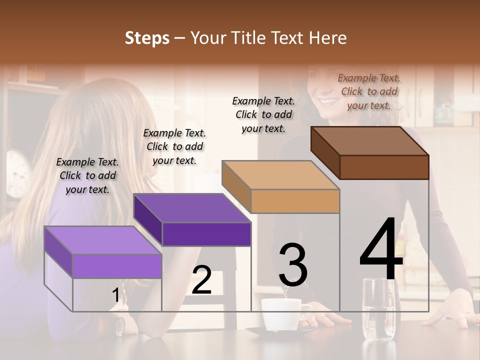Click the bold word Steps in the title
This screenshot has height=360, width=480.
147,38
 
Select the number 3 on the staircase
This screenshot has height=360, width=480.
293,265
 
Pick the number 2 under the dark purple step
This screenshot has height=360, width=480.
201,280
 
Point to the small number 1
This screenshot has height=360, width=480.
115,295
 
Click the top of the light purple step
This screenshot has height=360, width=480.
103,240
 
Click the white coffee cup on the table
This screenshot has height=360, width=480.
281,314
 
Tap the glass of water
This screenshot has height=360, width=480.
378,310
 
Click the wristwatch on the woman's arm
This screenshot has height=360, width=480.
119,326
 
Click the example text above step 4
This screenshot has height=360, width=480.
369,91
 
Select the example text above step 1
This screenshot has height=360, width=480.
87,175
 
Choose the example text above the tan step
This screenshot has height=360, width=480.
263,114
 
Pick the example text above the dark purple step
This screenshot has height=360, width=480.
174,146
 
